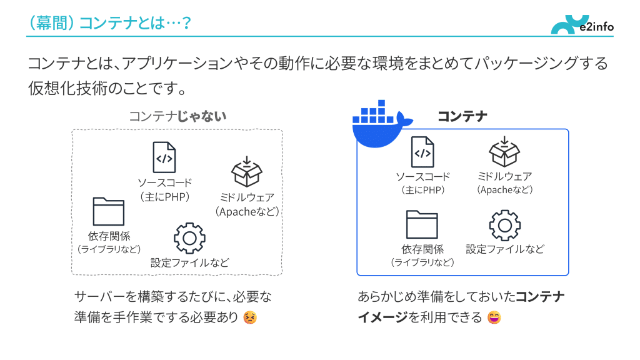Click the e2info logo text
pos(596,27)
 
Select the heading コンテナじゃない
pos(177,116)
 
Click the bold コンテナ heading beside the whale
pos(462,116)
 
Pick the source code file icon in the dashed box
pos(164,157)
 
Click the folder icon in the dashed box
pos(109,211)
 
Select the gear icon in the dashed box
pos(189,237)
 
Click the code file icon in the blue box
pos(422,152)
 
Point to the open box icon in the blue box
pos(504,152)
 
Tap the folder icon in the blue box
pos(422,224)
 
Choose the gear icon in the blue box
pos(504,226)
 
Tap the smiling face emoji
pos(494,317)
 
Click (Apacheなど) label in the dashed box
pos(247,212)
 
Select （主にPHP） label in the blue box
pos(422,190)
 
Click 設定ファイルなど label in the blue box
pos(505,249)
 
